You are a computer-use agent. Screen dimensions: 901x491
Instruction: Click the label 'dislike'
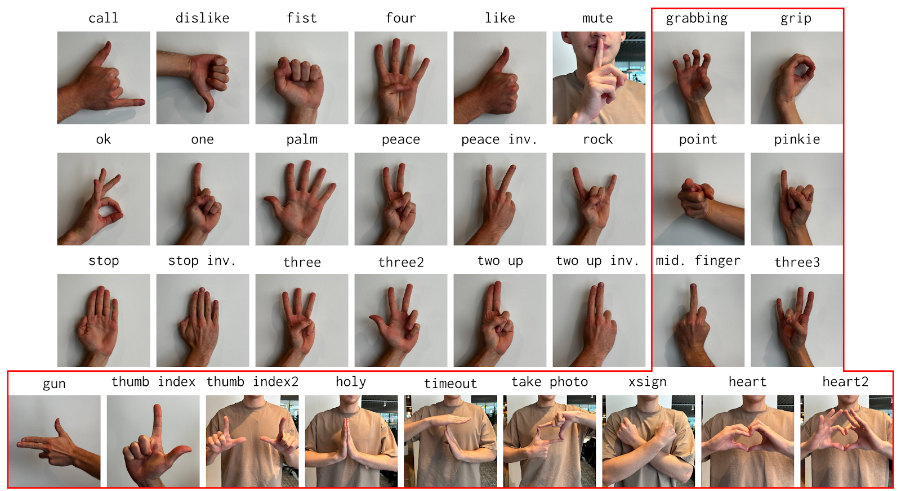[202, 18]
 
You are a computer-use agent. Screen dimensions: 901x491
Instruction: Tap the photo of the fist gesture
[302, 78]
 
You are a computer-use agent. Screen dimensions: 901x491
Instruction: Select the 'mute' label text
[597, 18]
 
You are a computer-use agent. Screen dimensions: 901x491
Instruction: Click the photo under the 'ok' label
[104, 199]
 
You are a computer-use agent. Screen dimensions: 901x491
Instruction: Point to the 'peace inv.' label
[499, 139]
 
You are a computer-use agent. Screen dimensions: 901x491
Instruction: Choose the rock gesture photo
[599, 199]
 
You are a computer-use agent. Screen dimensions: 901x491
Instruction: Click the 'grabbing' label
[697, 19]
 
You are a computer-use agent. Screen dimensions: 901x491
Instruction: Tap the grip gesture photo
[796, 78]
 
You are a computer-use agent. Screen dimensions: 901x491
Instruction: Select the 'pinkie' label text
[797, 139]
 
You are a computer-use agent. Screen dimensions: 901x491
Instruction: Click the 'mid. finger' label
[698, 261]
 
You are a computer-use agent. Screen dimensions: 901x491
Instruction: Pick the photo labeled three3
[796, 320]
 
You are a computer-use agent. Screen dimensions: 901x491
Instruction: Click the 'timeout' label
[450, 384]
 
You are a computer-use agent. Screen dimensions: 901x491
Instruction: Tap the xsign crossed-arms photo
[648, 441]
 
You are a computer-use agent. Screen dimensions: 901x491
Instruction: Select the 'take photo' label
[550, 382]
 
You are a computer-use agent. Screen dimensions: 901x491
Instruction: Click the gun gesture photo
[54, 441]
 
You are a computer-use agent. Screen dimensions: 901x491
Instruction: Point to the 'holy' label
[351, 382]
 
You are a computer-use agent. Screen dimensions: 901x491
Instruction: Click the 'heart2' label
[845, 382]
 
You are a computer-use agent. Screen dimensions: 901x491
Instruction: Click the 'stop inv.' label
[202, 261]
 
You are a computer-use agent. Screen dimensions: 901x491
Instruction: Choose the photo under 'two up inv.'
[599, 320]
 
